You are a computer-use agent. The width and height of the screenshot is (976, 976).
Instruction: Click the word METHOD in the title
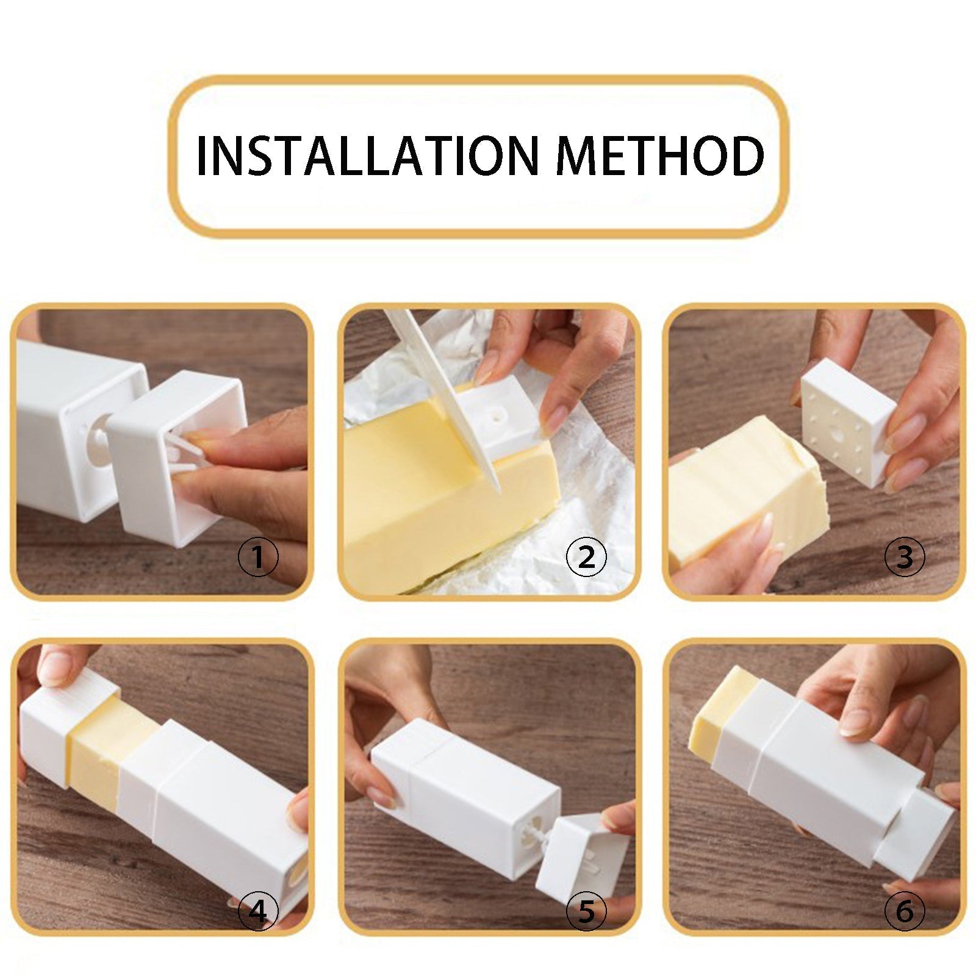[660, 156]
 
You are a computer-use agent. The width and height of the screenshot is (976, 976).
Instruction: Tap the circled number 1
[258, 557]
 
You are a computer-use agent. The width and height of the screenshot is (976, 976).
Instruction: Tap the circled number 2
[586, 557]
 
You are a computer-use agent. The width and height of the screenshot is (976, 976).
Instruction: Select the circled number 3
[905, 557]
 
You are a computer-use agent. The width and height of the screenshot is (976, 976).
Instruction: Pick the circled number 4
[258, 912]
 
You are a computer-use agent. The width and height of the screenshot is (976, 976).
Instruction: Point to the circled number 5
[586, 912]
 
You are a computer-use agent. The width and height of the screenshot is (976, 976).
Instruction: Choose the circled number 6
[905, 912]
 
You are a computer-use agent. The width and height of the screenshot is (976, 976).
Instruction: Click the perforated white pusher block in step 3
[845, 421]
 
